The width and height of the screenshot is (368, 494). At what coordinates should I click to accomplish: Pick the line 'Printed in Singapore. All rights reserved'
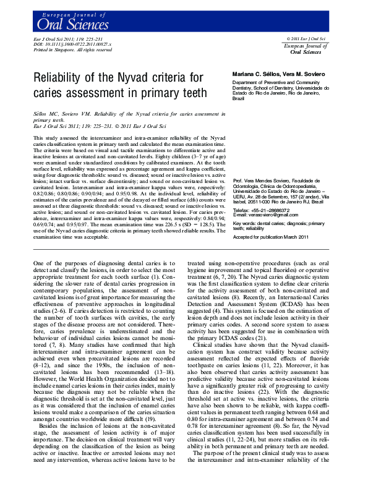point(72,50)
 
